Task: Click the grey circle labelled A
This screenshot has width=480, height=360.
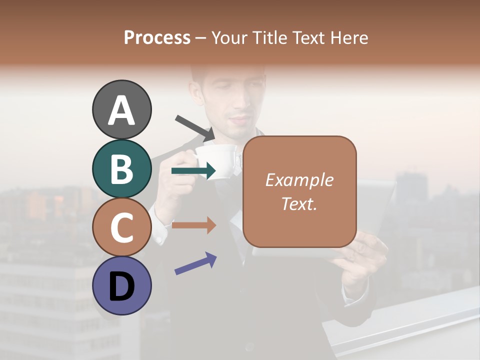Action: [121, 109]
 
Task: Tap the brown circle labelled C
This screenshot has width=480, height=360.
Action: [121, 227]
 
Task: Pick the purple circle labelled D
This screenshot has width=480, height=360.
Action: [121, 286]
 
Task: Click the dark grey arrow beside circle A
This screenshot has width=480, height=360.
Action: [195, 127]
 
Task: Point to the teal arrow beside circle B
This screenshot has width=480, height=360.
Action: [193, 171]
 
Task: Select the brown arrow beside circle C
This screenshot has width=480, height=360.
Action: [193, 225]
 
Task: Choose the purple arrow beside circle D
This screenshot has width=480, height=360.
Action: [195, 263]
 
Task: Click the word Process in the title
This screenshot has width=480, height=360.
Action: [157, 37]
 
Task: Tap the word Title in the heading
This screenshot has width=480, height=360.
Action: [270, 37]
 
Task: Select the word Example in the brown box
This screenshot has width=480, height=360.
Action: [299, 180]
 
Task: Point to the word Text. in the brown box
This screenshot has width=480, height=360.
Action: [299, 203]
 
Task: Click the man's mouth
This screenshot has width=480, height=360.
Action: [240, 120]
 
